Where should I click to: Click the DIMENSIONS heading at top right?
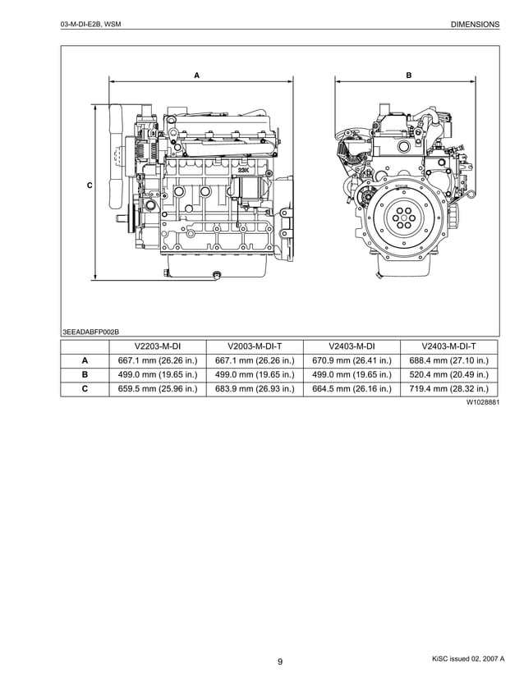coord(475,25)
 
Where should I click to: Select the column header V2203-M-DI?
coord(157,346)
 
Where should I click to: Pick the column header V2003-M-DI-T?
coord(254,346)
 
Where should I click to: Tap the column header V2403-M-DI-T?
coord(448,346)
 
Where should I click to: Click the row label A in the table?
coord(85,360)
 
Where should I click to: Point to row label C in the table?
coord(85,389)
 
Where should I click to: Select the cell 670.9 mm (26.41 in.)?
coord(352,360)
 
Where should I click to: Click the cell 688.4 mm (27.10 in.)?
coord(448,360)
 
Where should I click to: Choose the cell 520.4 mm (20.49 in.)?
coord(448,375)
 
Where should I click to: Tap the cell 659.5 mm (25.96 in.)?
coord(157,389)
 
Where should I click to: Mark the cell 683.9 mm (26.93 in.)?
coord(254,389)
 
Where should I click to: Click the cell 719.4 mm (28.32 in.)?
coord(448,389)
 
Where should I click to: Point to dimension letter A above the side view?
coord(196,76)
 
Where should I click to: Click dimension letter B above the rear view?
coord(409,76)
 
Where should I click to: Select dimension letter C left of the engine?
coord(90,186)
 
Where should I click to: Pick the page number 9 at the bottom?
coord(279,662)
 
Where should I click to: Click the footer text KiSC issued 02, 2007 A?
coord(467,659)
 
